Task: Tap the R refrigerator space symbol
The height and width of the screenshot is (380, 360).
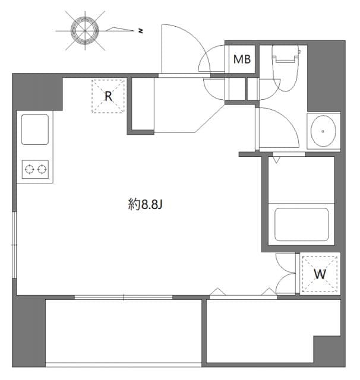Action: click(108, 96)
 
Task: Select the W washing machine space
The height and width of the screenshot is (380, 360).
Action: click(320, 274)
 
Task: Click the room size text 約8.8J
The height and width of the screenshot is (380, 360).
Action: click(145, 205)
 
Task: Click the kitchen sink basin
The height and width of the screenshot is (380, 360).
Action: click(34, 129)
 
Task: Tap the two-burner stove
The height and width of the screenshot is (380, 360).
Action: click(34, 170)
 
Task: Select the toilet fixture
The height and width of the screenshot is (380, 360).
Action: click(285, 68)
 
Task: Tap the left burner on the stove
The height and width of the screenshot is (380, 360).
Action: click(28, 170)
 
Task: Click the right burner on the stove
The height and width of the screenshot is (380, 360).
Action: click(42, 170)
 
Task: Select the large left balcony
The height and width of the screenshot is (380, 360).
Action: click(123, 331)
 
